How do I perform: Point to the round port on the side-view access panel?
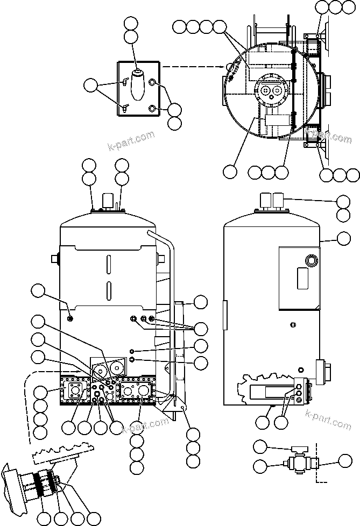(311, 261)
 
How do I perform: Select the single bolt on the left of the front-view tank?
(71, 319)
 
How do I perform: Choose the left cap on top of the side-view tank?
(265, 202)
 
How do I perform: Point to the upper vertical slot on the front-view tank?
(108, 265)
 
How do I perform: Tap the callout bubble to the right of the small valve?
(344, 460)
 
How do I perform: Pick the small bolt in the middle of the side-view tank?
(292, 324)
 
